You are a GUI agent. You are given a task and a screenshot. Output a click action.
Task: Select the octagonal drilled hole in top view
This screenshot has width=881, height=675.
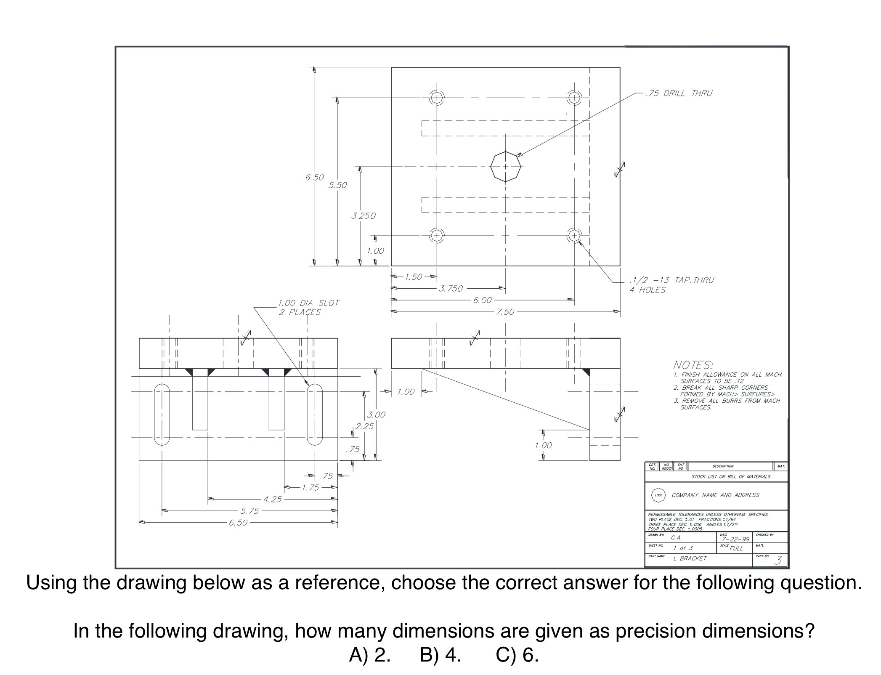(x=505, y=167)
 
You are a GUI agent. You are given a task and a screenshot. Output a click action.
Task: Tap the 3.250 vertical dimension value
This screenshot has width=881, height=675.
(x=363, y=216)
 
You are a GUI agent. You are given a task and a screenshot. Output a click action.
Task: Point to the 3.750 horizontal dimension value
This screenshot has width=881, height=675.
(x=451, y=289)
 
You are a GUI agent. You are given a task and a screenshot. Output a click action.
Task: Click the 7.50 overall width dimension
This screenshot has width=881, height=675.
(x=505, y=312)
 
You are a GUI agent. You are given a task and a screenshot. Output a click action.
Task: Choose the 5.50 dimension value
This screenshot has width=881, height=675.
(x=337, y=185)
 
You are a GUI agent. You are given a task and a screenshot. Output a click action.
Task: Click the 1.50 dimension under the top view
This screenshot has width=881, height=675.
(x=413, y=277)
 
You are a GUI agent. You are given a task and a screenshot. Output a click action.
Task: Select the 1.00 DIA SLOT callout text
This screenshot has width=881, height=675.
(x=308, y=303)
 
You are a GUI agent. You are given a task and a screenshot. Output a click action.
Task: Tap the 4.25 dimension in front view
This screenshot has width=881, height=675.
(x=272, y=500)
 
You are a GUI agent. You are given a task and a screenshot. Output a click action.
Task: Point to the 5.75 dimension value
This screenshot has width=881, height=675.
(x=249, y=511)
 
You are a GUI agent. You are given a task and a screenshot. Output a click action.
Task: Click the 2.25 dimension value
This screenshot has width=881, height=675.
(x=364, y=426)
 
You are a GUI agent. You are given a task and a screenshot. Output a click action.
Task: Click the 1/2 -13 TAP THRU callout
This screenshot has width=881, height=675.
(x=671, y=280)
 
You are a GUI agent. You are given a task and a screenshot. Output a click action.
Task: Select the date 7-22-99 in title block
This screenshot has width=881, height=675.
(x=735, y=539)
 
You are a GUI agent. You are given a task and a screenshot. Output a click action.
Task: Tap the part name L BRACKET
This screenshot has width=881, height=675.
(x=690, y=558)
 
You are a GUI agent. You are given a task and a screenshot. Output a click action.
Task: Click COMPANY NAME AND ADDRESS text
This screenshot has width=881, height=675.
(x=715, y=495)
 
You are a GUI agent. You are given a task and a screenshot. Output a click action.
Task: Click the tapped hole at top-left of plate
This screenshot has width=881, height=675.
(x=437, y=98)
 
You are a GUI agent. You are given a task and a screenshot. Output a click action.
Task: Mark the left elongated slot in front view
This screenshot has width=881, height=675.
(x=162, y=415)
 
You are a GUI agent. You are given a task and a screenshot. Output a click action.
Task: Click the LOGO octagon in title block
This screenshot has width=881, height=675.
(x=658, y=495)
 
